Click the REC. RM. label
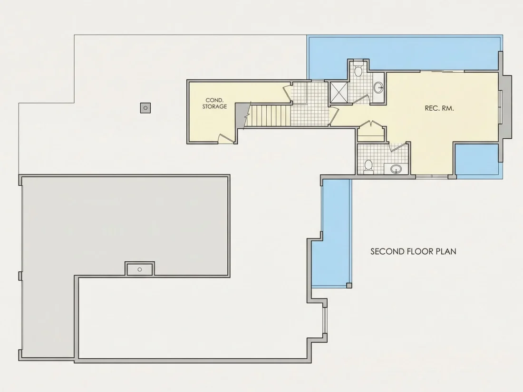[439, 108]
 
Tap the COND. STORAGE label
[214, 103]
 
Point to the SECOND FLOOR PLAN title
[413, 251]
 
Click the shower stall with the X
[338, 92]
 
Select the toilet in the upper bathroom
[358, 71]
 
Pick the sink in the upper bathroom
[378, 88]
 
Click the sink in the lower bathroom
[396, 169]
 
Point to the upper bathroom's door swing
[360, 99]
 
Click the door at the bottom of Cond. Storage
[226, 139]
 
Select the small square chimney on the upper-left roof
[145, 108]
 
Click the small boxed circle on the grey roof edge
[140, 269]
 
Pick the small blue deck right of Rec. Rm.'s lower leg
[477, 160]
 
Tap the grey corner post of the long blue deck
[349, 286]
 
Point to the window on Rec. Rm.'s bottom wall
[432, 176]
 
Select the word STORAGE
[214, 106]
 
